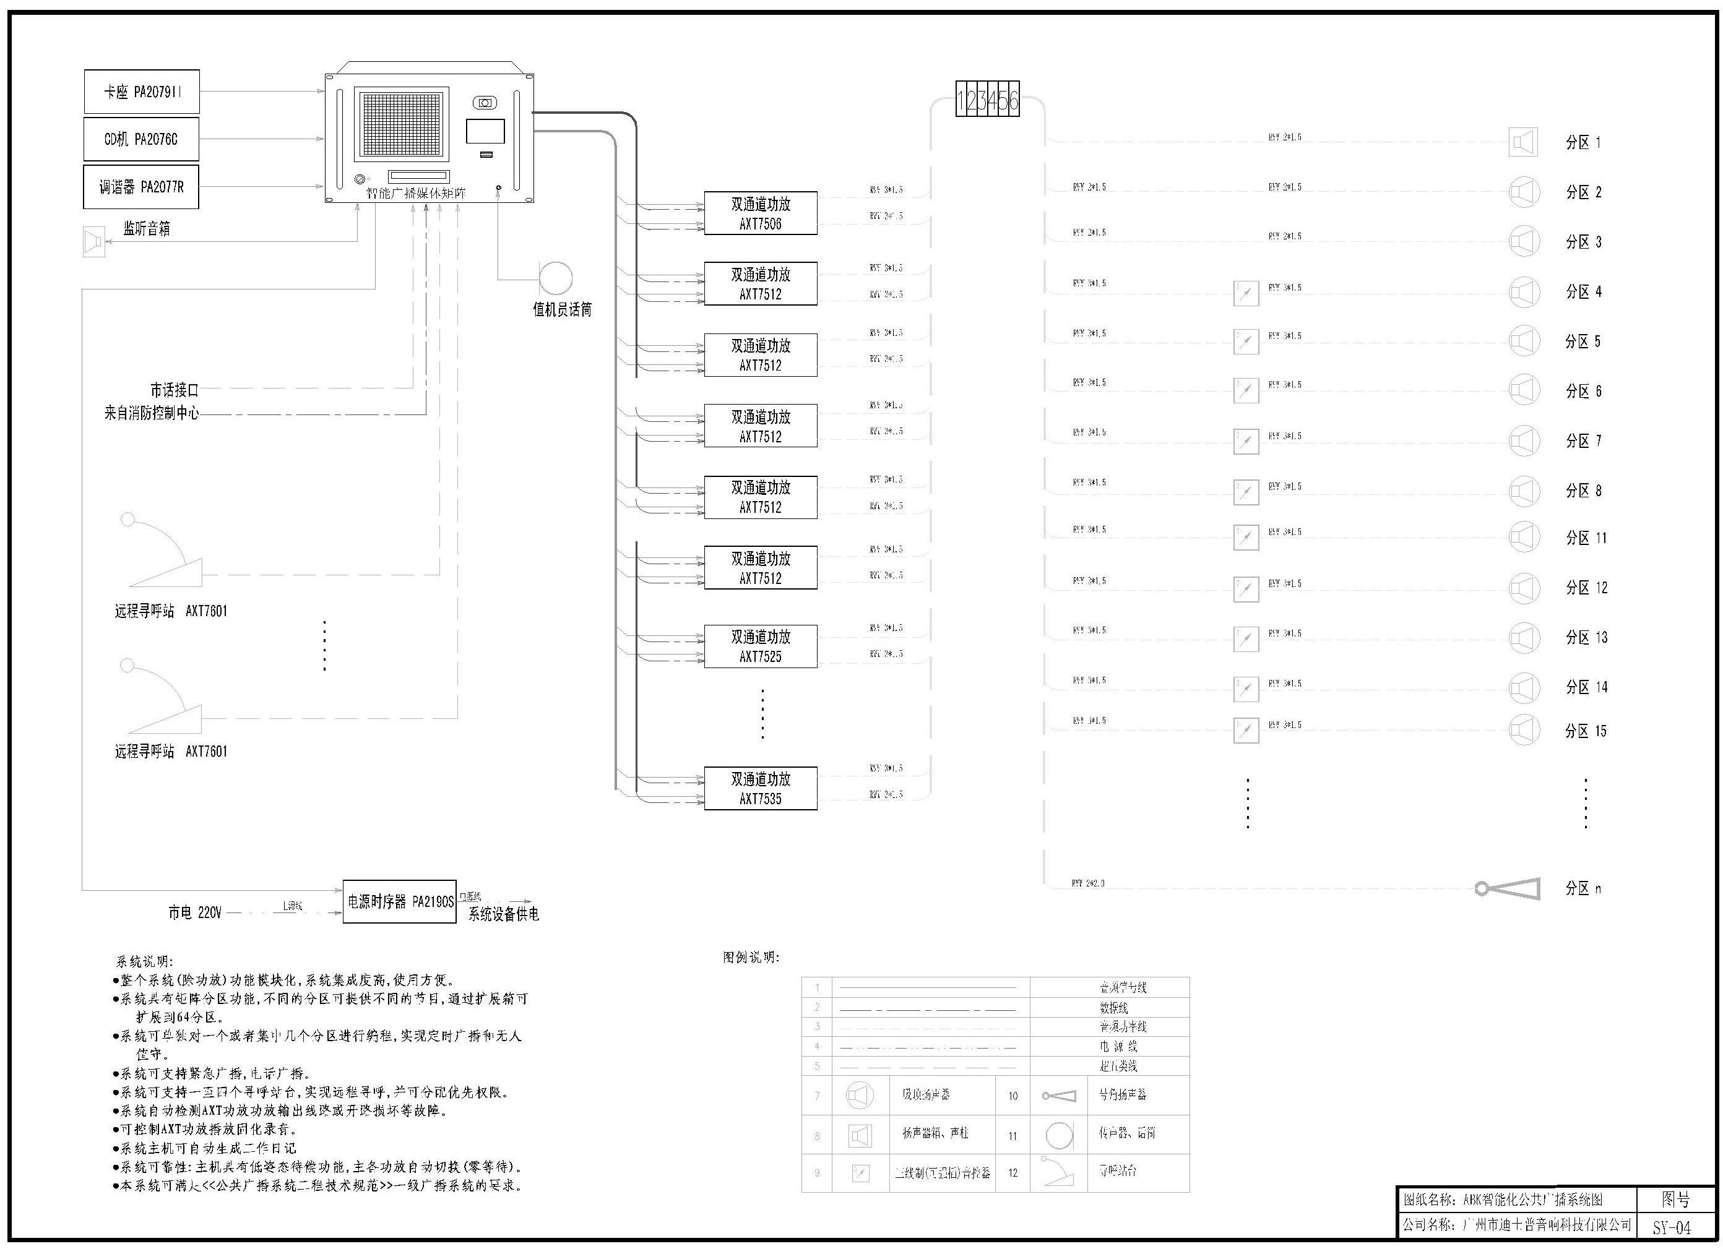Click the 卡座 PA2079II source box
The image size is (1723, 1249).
coord(141,92)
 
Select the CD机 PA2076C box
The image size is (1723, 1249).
coord(141,139)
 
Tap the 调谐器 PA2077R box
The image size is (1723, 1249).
coord(141,187)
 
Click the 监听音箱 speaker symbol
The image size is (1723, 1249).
coord(93,241)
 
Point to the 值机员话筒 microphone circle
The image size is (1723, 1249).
coord(555,278)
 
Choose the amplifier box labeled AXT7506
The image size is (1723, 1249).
coord(761,213)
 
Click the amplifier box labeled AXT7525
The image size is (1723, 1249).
coord(761,646)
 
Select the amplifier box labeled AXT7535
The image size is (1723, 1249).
coord(761,788)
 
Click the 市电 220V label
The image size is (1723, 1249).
coord(194,912)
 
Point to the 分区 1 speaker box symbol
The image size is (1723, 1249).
coord(1522,142)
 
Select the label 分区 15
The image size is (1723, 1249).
coord(1586,731)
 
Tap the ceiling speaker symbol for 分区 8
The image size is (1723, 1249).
coord(1524,491)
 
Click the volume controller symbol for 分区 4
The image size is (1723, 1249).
coord(1246,293)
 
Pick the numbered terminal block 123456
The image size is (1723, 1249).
coord(987,100)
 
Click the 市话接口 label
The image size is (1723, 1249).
coord(174,390)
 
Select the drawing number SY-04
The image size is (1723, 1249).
coord(1672,1228)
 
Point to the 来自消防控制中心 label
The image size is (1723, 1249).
coord(151,413)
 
